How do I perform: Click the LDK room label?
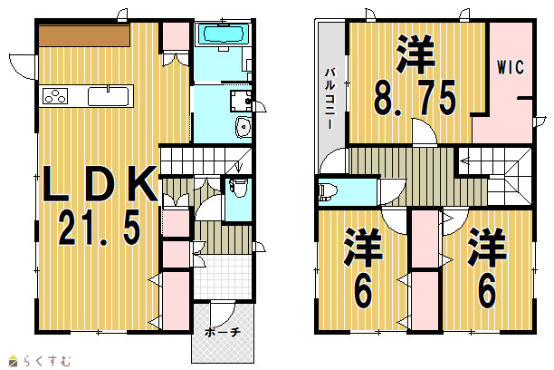[x=100, y=184]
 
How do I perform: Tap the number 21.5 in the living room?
[x=100, y=227]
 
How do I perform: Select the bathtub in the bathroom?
[x=223, y=34]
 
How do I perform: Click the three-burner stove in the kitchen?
[x=55, y=96]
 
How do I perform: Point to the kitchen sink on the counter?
[x=108, y=96]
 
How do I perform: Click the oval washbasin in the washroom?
[x=244, y=127]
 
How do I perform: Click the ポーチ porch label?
[x=223, y=332]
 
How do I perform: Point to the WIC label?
[x=511, y=67]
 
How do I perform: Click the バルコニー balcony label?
[x=330, y=98]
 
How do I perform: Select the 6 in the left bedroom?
[x=363, y=291]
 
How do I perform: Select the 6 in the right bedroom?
[x=487, y=291]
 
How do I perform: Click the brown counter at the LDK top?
[x=84, y=35]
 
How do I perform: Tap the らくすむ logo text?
[x=47, y=361]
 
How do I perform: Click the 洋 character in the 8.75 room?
[x=415, y=54]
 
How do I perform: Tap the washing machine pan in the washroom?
[x=241, y=101]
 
